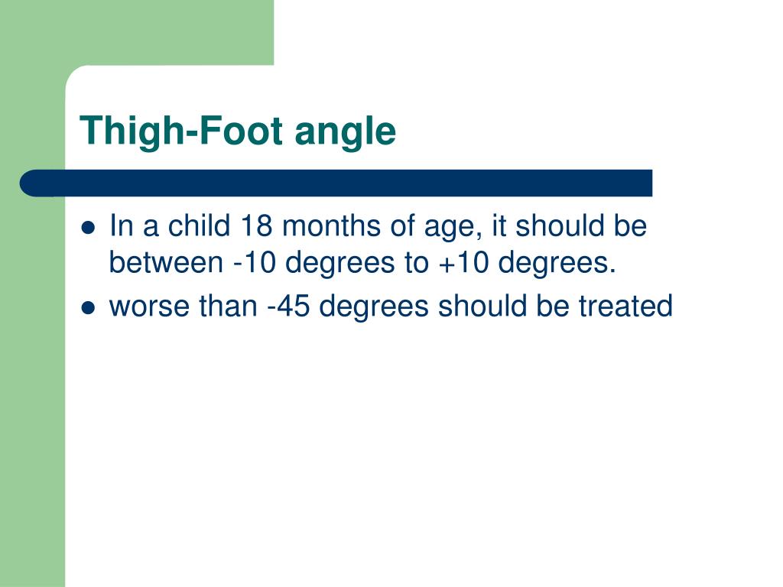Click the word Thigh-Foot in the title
[x=183, y=131]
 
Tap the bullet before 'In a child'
[x=88, y=228]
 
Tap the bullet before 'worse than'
[x=88, y=307]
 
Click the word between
[x=164, y=263]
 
